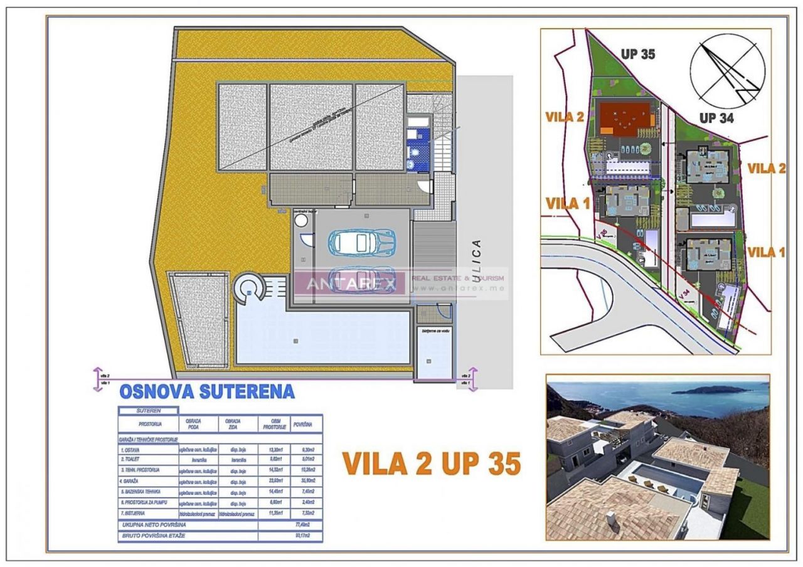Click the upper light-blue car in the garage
[363, 241]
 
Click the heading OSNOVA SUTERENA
[206, 391]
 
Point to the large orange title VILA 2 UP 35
[432, 464]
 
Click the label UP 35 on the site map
[638, 54]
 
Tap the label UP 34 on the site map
[716, 117]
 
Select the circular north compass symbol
[728, 68]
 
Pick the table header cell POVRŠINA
[302, 424]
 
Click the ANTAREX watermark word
[351, 283]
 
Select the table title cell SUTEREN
[148, 411]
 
